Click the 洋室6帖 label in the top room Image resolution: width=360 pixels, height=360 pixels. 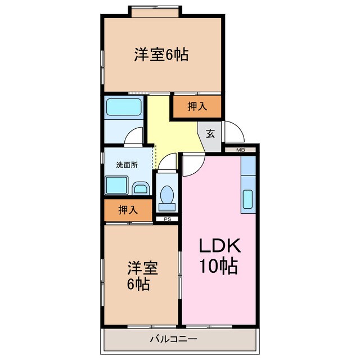click(x=161, y=55)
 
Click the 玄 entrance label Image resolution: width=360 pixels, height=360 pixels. click(x=210, y=134)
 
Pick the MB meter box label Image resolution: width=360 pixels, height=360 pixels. click(x=241, y=150)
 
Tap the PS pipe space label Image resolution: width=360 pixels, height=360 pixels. click(x=166, y=219)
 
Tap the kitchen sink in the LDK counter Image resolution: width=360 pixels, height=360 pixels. click(x=248, y=200)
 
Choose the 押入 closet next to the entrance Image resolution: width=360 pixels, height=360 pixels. click(x=196, y=106)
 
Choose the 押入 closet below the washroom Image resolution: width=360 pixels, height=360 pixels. click(x=128, y=210)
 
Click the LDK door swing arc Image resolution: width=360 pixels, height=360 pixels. click(x=192, y=164)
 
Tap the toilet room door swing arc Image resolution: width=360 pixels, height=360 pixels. click(x=166, y=163)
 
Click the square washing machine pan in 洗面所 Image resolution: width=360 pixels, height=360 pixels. click(x=117, y=184)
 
